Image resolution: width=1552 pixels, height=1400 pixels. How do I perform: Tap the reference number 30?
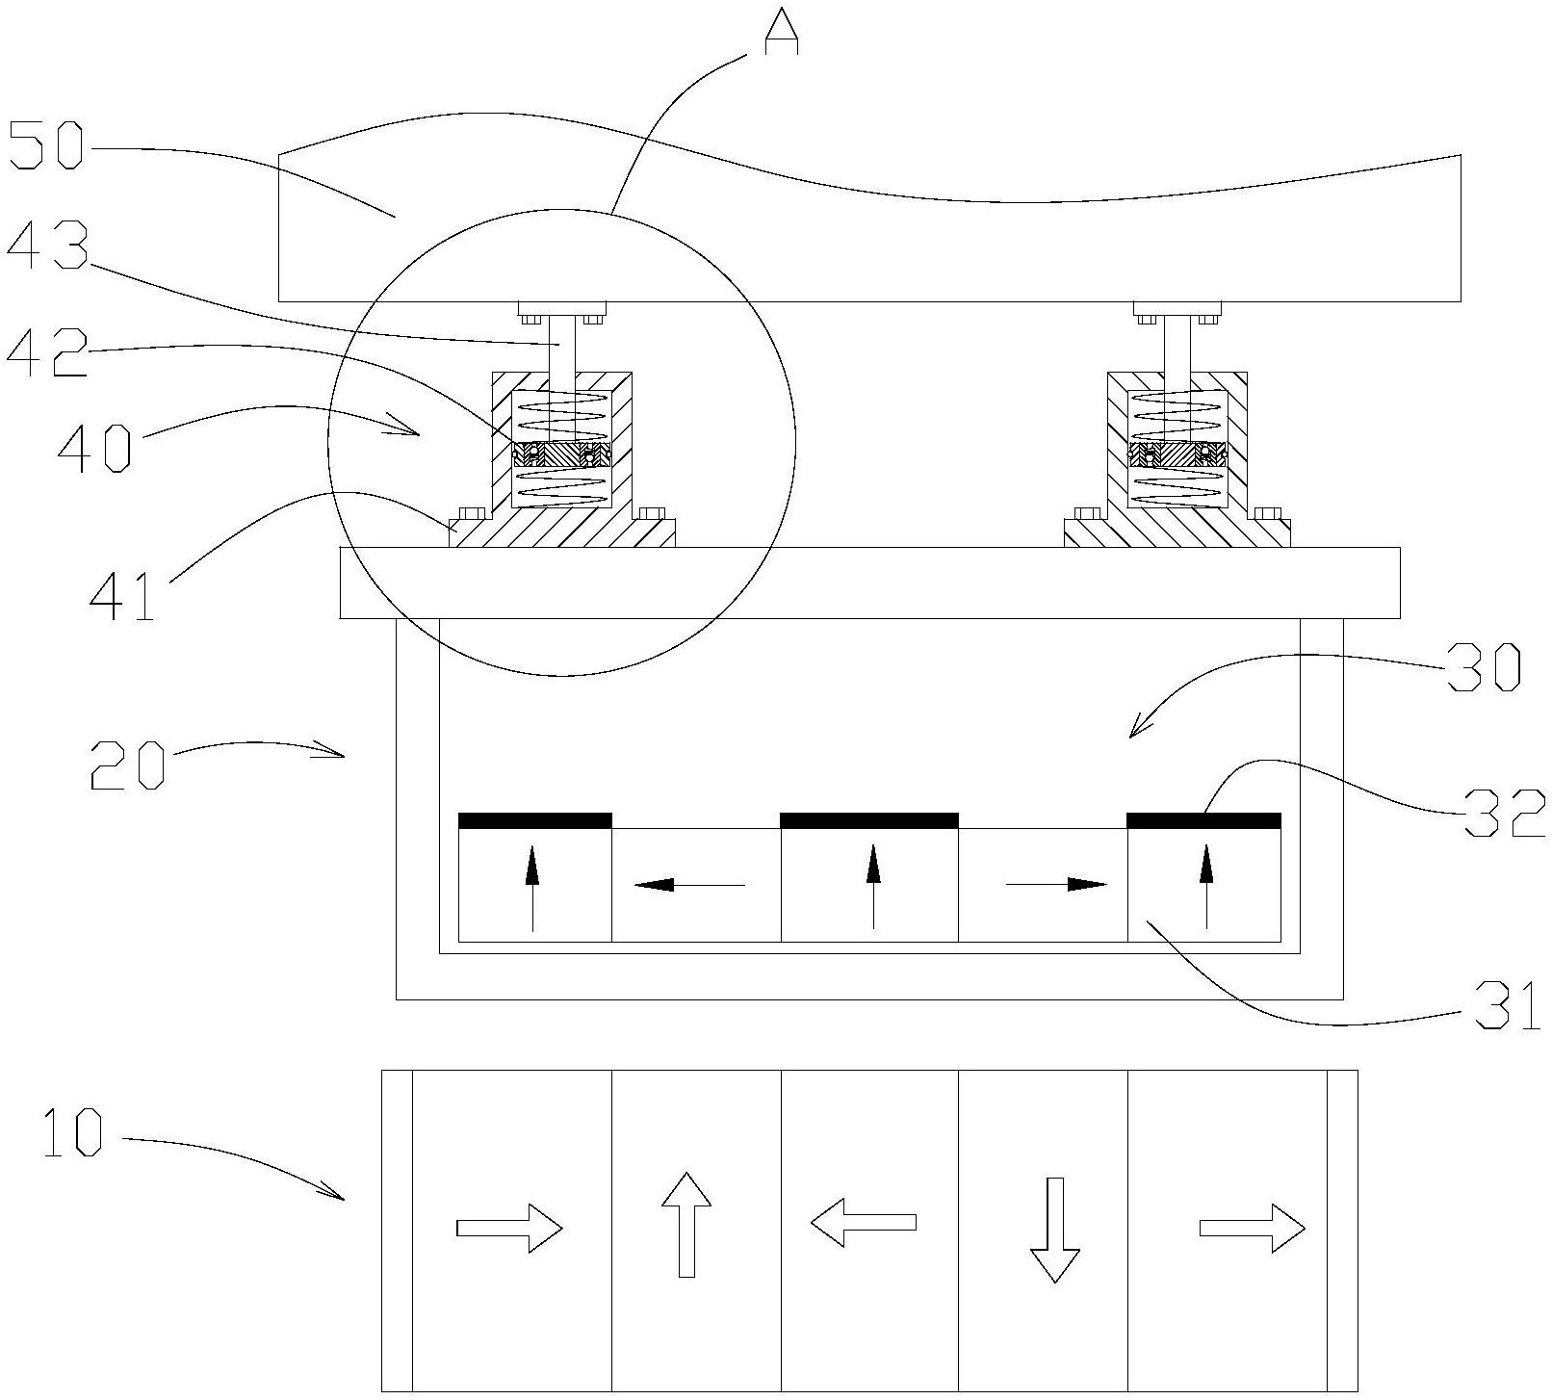click(x=1484, y=666)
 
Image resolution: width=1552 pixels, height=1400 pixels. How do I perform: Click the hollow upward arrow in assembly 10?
click(x=686, y=1224)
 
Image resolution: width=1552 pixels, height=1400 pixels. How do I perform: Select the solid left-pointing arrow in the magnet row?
click(x=689, y=884)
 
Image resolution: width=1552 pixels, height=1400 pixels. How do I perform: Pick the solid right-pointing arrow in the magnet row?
click(x=1057, y=884)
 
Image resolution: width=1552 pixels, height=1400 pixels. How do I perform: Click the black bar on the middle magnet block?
click(x=869, y=820)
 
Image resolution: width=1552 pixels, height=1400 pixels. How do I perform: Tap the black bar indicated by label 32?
click(x=1203, y=820)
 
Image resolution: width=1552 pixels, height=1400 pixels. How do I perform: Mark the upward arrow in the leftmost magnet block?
click(x=532, y=888)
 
